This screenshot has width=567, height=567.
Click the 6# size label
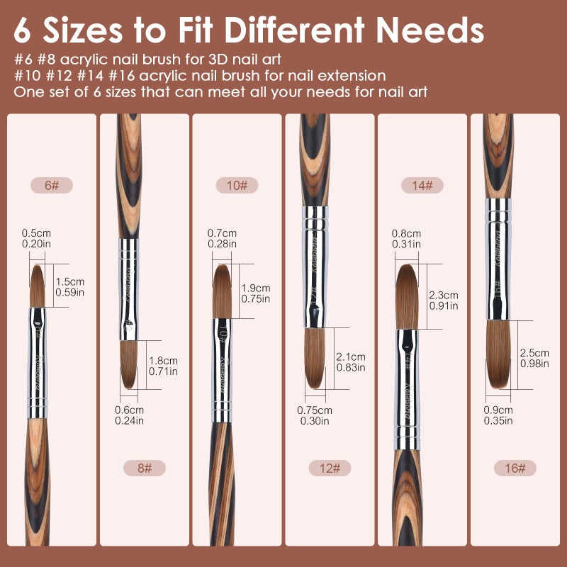click(51, 186)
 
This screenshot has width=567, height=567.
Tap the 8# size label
click(144, 468)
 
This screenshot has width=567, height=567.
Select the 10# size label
click(237, 186)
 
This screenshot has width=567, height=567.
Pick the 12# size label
click(330, 468)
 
